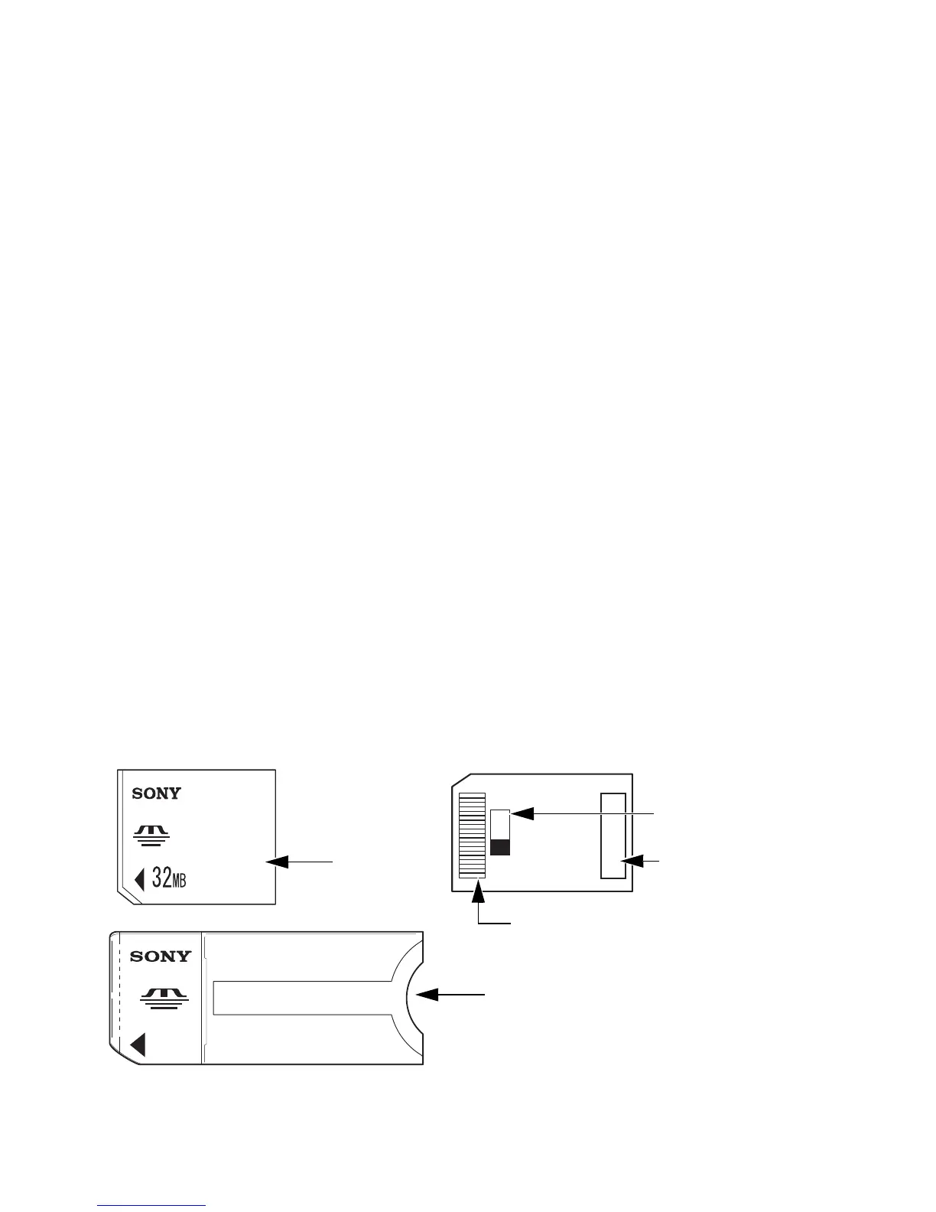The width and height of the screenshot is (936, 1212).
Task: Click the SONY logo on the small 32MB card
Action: [x=156, y=793]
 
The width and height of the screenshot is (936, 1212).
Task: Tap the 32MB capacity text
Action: [x=169, y=879]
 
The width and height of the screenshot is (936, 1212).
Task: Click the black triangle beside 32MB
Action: [x=139, y=880]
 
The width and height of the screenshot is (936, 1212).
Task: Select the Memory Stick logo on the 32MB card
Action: [x=151, y=834]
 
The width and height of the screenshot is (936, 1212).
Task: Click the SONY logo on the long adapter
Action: [x=161, y=956]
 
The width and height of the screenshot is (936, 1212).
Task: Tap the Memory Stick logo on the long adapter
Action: [x=164, y=998]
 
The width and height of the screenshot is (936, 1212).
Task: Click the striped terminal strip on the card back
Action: [x=472, y=836]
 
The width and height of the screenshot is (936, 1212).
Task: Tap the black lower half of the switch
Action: [x=500, y=846]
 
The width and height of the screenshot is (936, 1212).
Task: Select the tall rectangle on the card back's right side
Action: [x=613, y=836]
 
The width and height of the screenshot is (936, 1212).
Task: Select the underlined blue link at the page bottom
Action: [x=152, y=1206]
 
